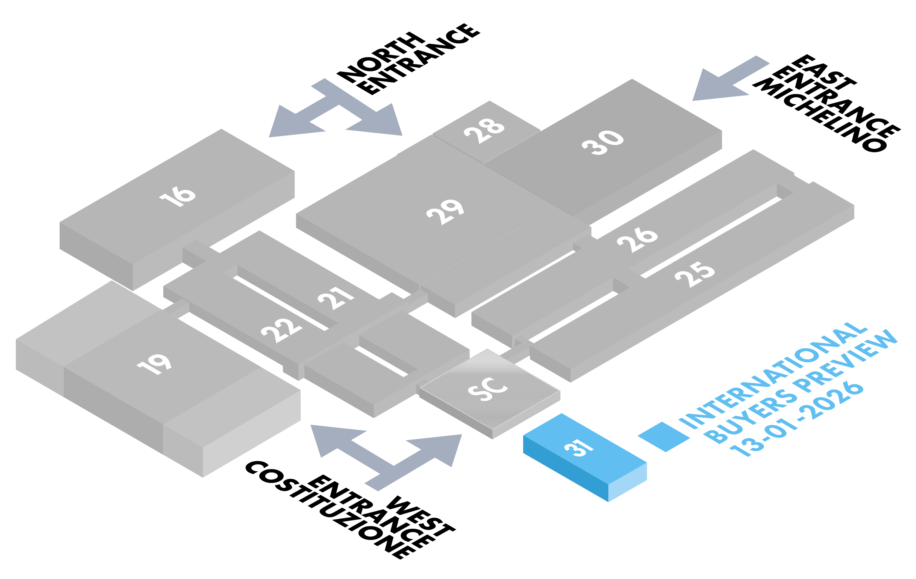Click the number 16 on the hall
[178, 197]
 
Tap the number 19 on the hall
[154, 364]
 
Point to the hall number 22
[281, 330]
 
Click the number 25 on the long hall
[695, 274]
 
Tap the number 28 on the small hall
[484, 130]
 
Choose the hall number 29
[445, 212]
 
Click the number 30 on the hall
[603, 142]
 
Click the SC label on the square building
[487, 389]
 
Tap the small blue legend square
[664, 437]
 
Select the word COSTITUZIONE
[327, 510]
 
